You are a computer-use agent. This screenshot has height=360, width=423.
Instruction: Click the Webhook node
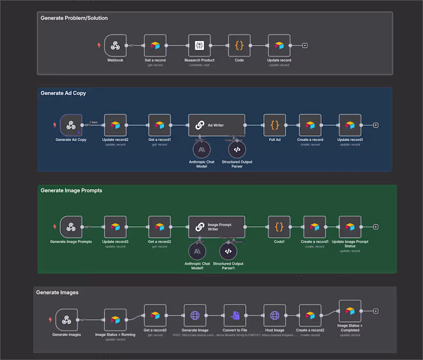coord(115,45)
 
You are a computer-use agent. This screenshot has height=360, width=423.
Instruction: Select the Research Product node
coord(199,45)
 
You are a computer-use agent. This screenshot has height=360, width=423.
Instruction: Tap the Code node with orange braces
coord(239,45)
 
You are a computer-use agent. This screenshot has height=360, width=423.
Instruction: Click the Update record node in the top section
coord(279,45)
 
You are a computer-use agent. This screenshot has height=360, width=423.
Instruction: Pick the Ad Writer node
coord(217,125)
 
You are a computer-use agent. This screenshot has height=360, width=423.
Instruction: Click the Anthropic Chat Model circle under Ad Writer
coord(201,150)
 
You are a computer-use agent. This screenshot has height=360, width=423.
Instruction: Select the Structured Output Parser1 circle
coord(228,251)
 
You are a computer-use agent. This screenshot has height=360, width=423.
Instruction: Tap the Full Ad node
coord(274,125)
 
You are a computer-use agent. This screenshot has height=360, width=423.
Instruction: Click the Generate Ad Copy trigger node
coord(71,125)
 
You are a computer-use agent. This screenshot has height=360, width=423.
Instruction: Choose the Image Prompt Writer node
coord(217,227)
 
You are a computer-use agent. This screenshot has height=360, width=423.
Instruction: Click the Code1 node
coord(279,227)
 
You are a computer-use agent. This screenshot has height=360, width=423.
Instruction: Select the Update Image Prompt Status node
coord(350,227)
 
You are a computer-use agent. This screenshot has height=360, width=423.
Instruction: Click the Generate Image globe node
coord(195,315)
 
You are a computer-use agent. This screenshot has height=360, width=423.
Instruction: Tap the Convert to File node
coord(235,315)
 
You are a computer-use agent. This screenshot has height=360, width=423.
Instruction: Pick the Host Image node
coord(274,315)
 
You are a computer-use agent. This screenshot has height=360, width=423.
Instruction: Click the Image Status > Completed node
coord(350,311)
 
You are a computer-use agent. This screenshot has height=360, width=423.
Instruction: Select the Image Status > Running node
coord(115,320)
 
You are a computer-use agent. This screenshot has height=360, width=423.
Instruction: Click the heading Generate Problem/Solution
coord(74,18)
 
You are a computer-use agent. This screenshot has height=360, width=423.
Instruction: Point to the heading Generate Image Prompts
coord(71,190)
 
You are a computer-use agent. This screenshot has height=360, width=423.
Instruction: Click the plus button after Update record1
coord(375,125)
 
